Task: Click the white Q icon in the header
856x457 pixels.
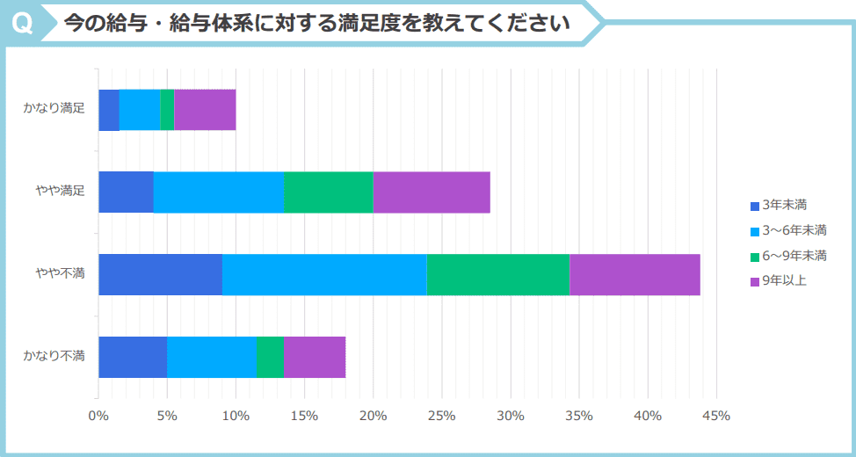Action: pyautogui.click(x=24, y=24)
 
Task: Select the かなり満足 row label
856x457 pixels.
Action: pyautogui.click(x=54, y=109)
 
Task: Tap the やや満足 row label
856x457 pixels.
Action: pyautogui.click(x=60, y=192)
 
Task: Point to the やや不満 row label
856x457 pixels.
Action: pyautogui.click(x=60, y=274)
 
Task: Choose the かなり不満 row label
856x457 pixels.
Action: pyautogui.click(x=54, y=356)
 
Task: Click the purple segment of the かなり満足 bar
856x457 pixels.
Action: pyautogui.click(x=205, y=110)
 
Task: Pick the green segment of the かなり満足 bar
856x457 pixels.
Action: pyautogui.click(x=167, y=110)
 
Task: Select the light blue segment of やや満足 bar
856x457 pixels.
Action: pyautogui.click(x=219, y=192)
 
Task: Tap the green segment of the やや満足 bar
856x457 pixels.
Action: pyautogui.click(x=329, y=192)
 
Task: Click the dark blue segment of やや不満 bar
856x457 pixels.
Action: pyautogui.click(x=160, y=274)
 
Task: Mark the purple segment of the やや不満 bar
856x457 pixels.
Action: pyautogui.click(x=635, y=274)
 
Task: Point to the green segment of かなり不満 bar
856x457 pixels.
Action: pyautogui.click(x=270, y=357)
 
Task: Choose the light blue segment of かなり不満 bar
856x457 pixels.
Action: pyautogui.click(x=211, y=357)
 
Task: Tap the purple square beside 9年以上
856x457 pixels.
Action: pyautogui.click(x=754, y=281)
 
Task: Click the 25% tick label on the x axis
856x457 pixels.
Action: pyautogui.click(x=442, y=416)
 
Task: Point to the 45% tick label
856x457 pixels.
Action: pyautogui.click(x=717, y=416)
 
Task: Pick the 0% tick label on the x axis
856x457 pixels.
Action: pyautogui.click(x=98, y=416)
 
